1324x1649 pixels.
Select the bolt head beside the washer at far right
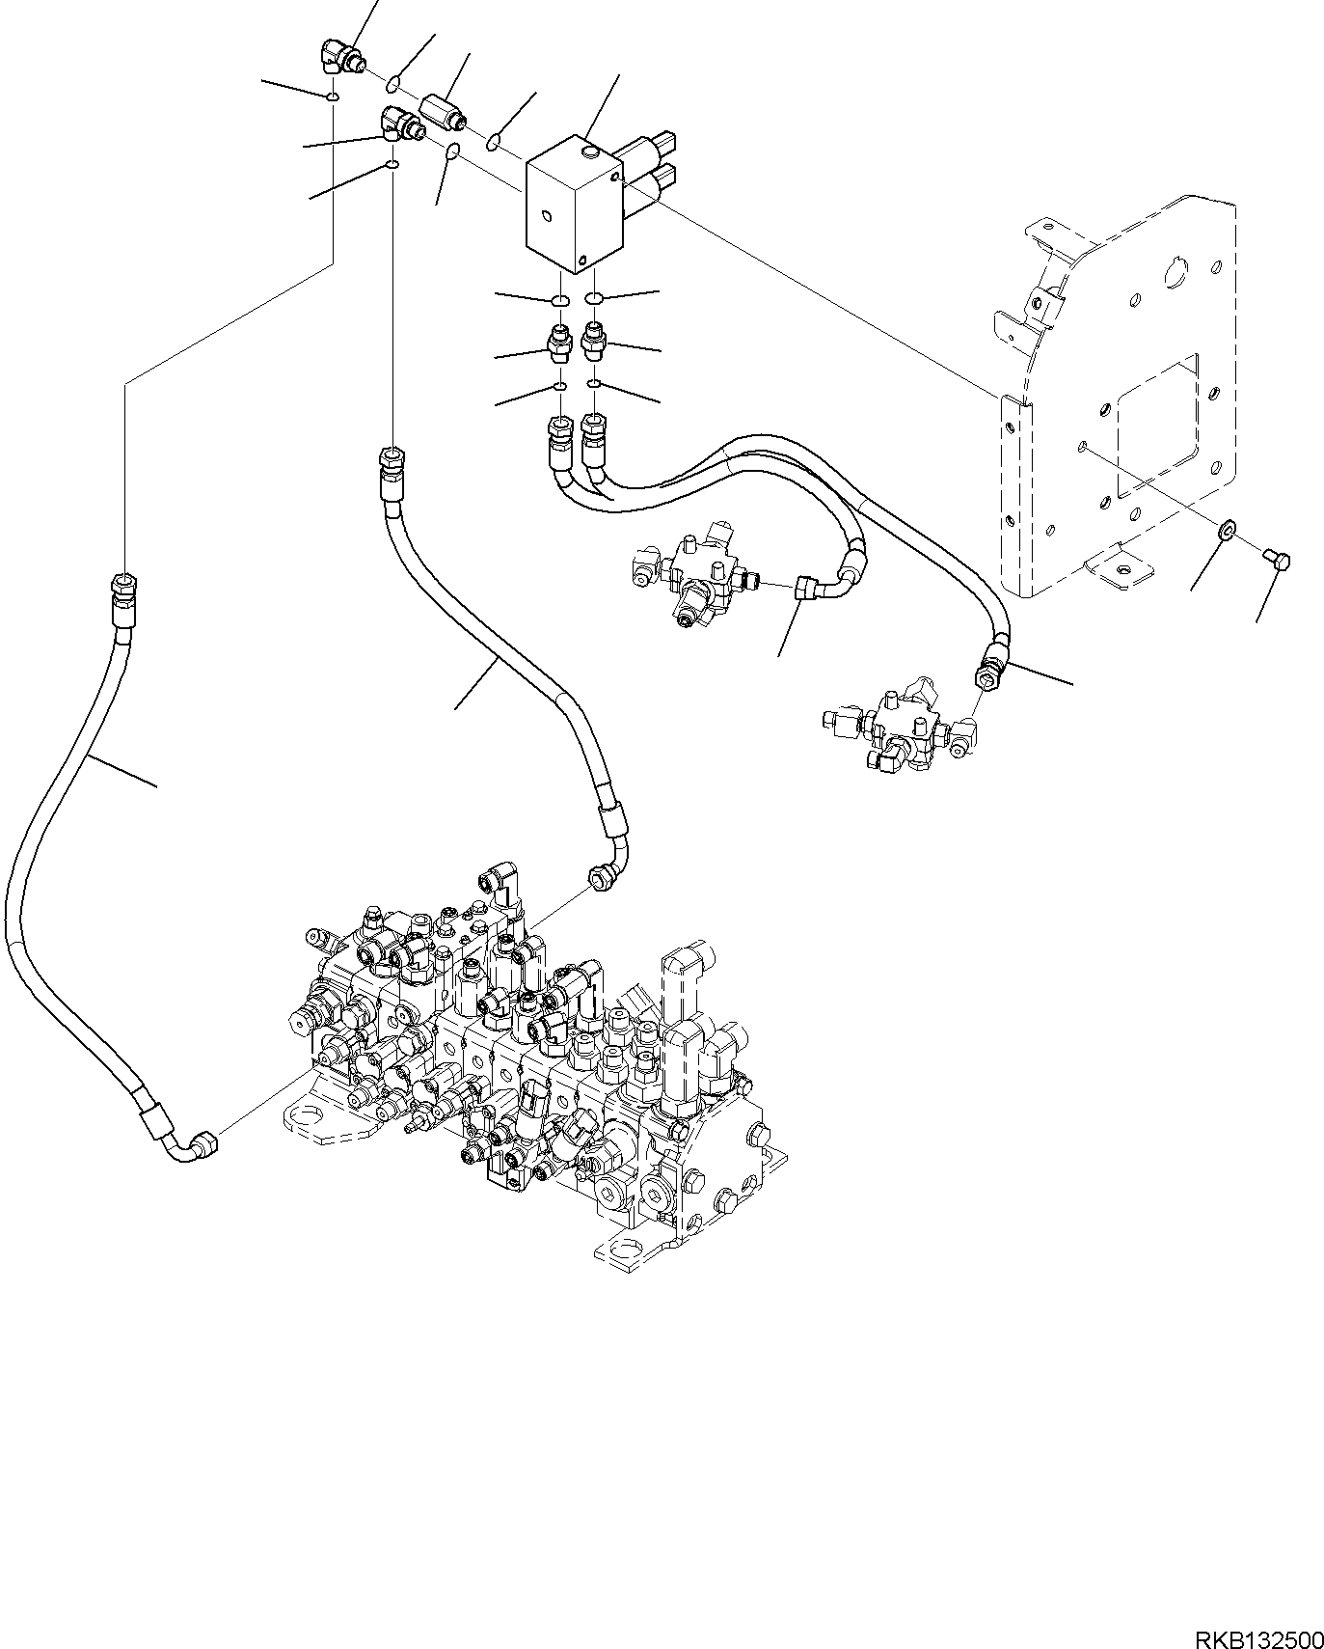1275,558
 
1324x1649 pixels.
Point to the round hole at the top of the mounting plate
1177,274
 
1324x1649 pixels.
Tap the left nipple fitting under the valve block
560,344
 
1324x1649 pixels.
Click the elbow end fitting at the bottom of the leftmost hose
200,1144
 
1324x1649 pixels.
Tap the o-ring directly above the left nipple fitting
560,301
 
